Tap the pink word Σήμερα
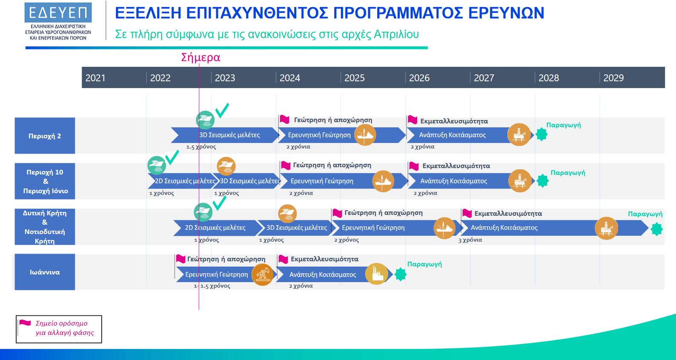point(201,57)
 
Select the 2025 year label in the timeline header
point(354,78)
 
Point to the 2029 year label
point(613,78)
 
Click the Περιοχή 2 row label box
point(45,136)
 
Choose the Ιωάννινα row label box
point(45,272)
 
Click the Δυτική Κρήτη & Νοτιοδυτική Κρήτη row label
point(45,227)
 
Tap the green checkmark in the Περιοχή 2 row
point(222,111)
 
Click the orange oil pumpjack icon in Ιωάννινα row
point(262,274)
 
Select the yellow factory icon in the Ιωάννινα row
point(376,274)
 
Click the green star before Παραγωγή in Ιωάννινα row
point(401,274)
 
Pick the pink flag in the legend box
point(25,323)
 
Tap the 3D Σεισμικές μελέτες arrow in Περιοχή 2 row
point(225,135)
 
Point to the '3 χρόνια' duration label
point(470,240)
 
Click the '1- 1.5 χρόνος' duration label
point(212,286)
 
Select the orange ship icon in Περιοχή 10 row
point(226,166)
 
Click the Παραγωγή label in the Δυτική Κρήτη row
point(645,214)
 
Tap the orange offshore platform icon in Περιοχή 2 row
point(519,134)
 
